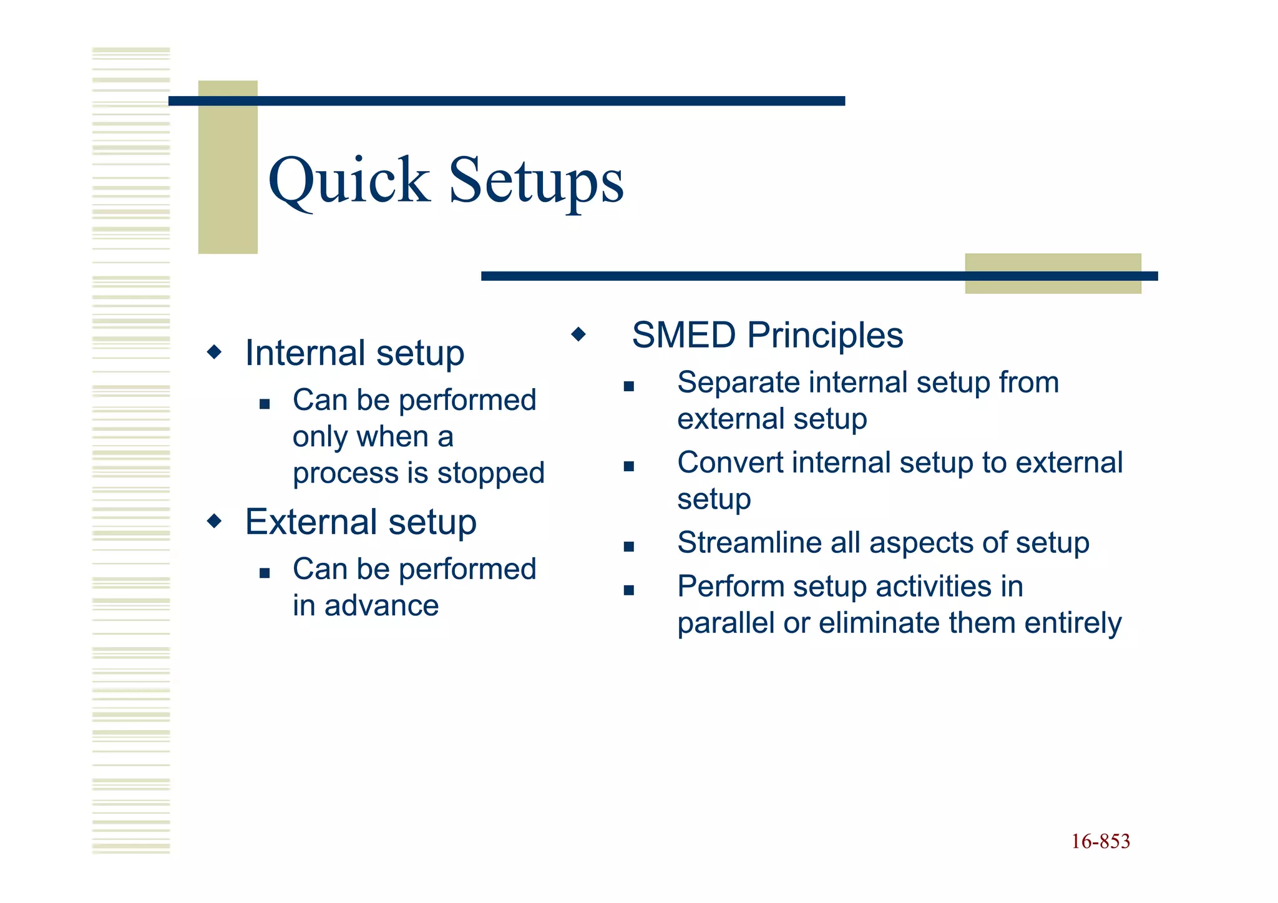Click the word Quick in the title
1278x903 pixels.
click(x=348, y=181)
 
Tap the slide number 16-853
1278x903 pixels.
click(x=1100, y=841)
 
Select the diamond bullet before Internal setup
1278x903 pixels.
click(x=214, y=352)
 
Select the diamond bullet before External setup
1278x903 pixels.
click(x=214, y=520)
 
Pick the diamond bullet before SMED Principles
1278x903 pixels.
click(x=578, y=334)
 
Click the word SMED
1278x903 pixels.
click(x=684, y=335)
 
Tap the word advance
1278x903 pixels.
click(x=381, y=605)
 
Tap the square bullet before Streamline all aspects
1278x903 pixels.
click(x=628, y=547)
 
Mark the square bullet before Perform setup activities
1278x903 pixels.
click(x=628, y=590)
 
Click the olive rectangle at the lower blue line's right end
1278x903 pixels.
click(x=1053, y=286)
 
